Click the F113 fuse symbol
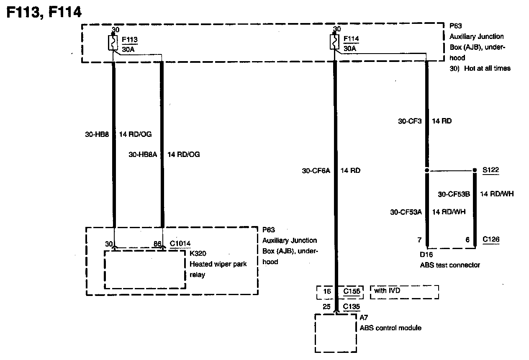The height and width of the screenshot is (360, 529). (x=113, y=43)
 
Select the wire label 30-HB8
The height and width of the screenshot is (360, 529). (x=97, y=134)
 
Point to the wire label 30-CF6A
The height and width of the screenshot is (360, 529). (x=316, y=170)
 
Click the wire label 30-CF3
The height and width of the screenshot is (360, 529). (x=410, y=121)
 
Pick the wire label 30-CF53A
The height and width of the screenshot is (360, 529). (x=406, y=212)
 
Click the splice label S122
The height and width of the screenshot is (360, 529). (x=490, y=170)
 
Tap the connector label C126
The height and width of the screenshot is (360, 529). (x=490, y=239)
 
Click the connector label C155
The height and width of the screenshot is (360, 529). (x=352, y=291)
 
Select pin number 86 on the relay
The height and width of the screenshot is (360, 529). (x=157, y=243)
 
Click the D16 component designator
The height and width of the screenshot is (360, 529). (x=426, y=255)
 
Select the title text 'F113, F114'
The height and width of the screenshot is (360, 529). (x=44, y=12)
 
